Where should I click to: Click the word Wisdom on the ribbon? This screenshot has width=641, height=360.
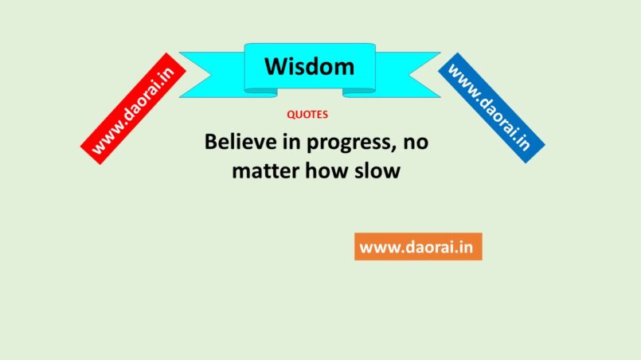pyautogui.click(x=310, y=66)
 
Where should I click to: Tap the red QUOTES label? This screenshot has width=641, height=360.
pyautogui.click(x=307, y=115)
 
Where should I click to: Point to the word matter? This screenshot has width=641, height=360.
pyautogui.click(x=265, y=170)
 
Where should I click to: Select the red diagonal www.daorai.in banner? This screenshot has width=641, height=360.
pyautogui.click(x=133, y=108)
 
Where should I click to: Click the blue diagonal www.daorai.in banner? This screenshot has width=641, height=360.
pyautogui.click(x=491, y=108)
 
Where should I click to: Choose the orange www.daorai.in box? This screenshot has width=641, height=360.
pyautogui.click(x=418, y=247)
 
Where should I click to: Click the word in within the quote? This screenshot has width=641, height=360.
pyautogui.click(x=291, y=142)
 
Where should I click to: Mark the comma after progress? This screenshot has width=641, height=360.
pyautogui.click(x=394, y=150)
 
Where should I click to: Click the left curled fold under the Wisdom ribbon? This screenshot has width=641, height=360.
pyautogui.click(x=261, y=93)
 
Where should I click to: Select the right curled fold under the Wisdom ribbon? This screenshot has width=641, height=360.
pyautogui.click(x=359, y=93)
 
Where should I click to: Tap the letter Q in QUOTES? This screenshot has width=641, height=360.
pyautogui.click(x=291, y=115)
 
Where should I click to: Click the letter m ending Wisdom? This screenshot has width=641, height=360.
pyautogui.click(x=345, y=69)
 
